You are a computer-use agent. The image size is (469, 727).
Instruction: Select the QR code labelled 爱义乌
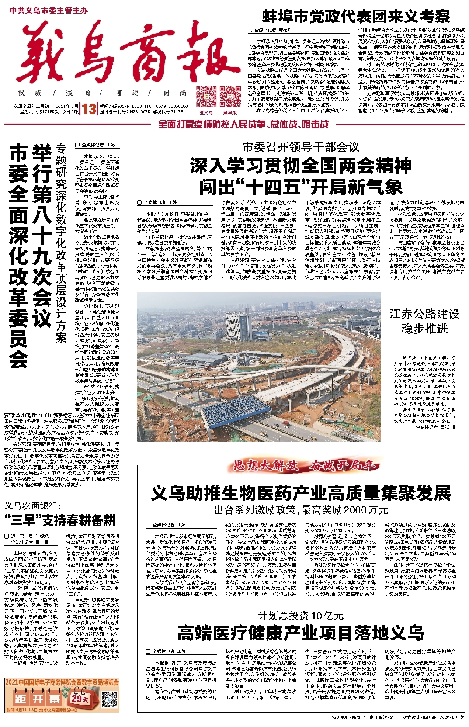coord(206,97)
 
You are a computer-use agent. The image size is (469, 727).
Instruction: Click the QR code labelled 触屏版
coord(230,97)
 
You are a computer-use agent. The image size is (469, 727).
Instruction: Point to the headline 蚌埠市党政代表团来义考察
coord(356,17)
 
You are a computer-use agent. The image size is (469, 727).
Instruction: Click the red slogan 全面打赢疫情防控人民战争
coord(243,124)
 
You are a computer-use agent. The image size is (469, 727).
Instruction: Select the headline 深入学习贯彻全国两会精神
coord(300,166)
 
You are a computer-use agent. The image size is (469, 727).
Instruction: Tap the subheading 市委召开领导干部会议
coord(300,148)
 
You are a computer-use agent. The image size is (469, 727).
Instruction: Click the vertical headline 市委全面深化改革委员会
coord(19,256)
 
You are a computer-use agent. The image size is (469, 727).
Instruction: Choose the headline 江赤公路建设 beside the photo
coord(424,314)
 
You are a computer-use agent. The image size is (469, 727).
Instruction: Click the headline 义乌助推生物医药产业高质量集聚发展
coord(300,493)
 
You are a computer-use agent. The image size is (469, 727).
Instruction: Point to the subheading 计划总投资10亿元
coord(300,616)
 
